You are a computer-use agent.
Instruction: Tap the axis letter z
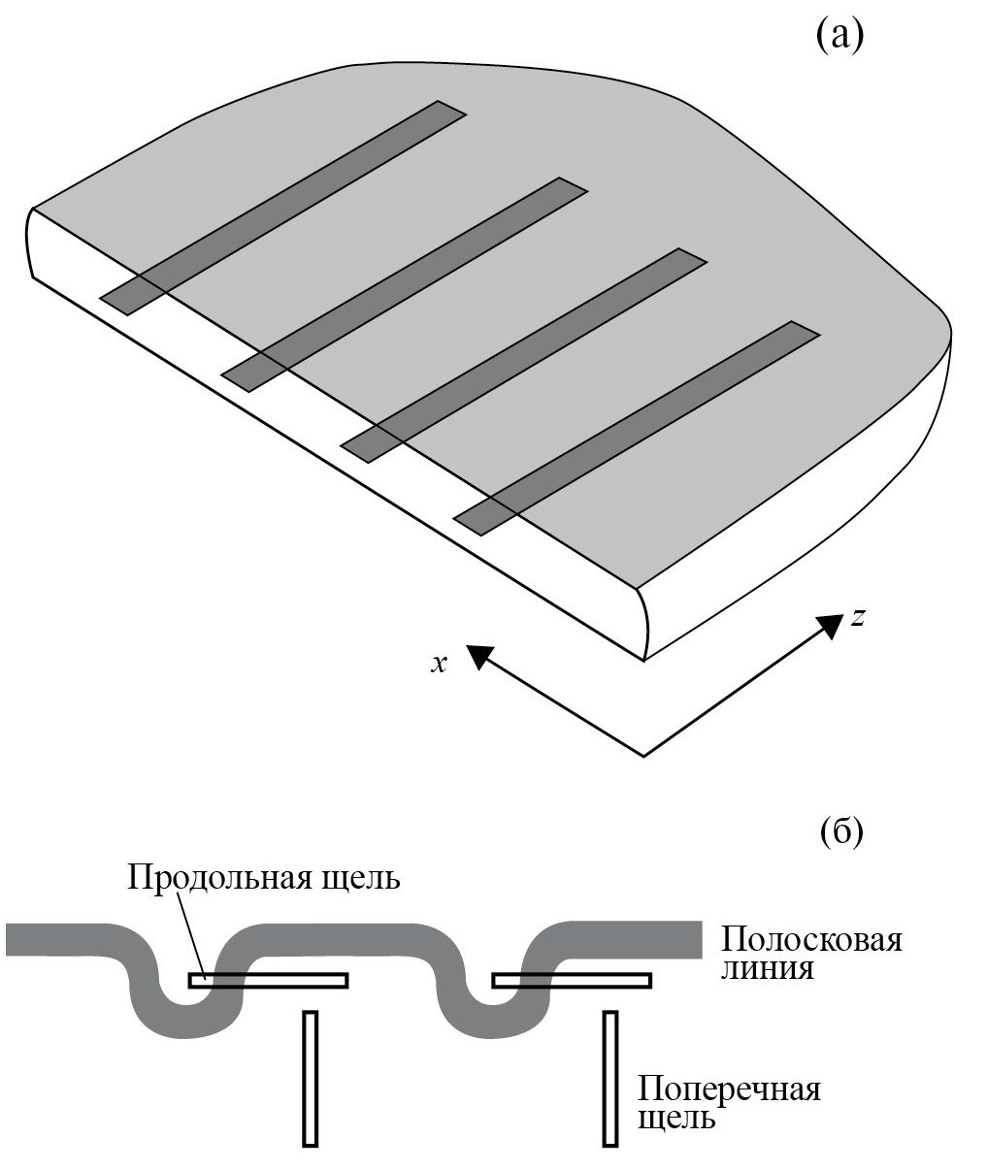(x=857, y=617)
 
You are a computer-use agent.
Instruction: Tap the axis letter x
(x=440, y=663)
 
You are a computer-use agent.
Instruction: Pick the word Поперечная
(x=730, y=1089)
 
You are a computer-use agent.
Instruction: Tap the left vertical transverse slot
(x=311, y=1078)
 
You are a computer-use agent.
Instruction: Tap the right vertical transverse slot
(x=610, y=1078)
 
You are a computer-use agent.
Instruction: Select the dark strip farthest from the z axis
(x=283, y=207)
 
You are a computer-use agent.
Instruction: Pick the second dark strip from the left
(x=405, y=284)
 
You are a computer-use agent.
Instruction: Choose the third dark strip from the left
(x=523, y=355)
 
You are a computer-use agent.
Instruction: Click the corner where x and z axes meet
(x=643, y=755)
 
